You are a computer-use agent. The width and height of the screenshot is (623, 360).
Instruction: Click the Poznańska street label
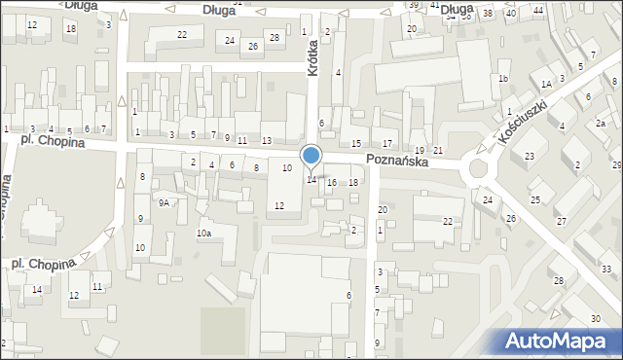397,162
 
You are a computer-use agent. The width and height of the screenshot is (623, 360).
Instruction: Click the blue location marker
311,156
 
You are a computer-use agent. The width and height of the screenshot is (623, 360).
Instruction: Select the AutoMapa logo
558,341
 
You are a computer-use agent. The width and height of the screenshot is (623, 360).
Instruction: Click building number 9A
165,202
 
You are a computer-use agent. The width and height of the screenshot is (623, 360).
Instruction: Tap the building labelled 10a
203,234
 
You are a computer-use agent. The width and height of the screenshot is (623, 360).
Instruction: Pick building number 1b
503,78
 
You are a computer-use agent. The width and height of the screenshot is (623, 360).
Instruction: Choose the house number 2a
601,124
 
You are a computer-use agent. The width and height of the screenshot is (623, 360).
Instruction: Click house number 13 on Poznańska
266,141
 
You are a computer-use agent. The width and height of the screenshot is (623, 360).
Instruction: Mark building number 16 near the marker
332,183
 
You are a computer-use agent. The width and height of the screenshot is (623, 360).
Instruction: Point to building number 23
530,157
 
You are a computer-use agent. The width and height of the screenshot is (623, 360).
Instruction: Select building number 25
534,199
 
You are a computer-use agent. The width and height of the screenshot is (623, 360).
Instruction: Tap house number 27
561,222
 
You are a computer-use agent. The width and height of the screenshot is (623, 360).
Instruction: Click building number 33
605,269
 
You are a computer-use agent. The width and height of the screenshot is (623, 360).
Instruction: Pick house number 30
595,319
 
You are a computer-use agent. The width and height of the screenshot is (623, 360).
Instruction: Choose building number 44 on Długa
537,10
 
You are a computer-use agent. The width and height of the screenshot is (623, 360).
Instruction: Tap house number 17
386,144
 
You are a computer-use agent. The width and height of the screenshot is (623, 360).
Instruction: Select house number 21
438,149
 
